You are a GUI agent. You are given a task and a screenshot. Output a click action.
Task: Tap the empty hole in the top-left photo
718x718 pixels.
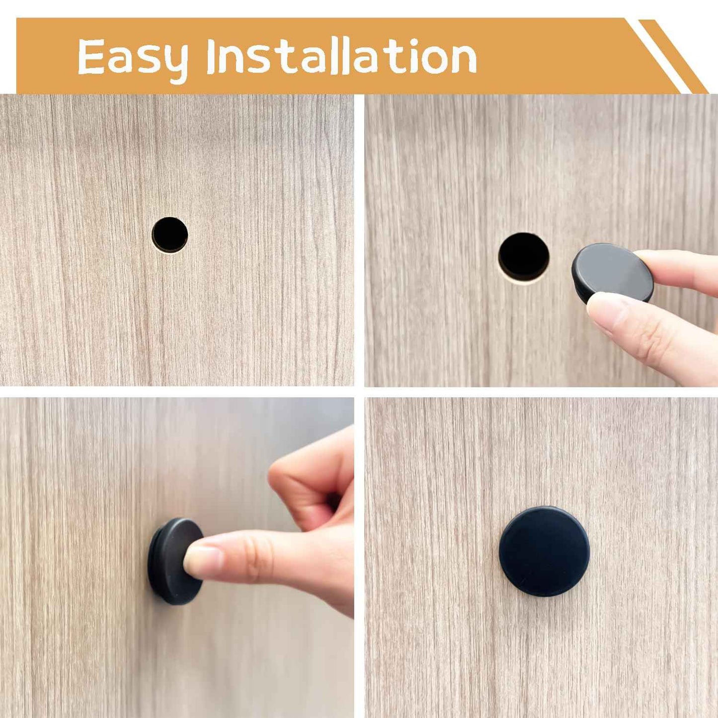[x=170, y=235]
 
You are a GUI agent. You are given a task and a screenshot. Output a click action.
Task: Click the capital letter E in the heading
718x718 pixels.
[x=91, y=56]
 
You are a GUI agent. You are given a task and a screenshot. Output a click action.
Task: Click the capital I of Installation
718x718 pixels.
[x=212, y=56]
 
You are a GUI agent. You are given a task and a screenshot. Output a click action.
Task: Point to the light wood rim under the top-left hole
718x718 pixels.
[x=170, y=251]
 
